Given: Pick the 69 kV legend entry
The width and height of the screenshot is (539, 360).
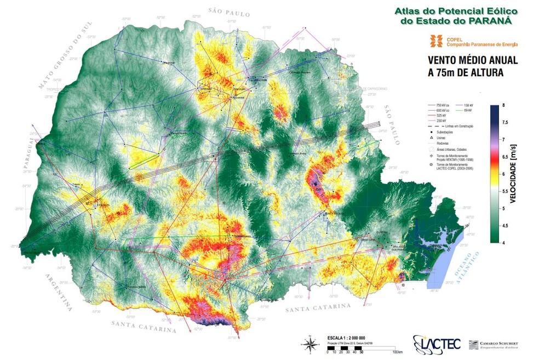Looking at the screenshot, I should [468, 110].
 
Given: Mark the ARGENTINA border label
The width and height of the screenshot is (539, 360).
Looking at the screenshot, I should [59, 292].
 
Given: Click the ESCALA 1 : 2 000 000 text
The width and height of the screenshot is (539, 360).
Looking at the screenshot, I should [346, 338].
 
